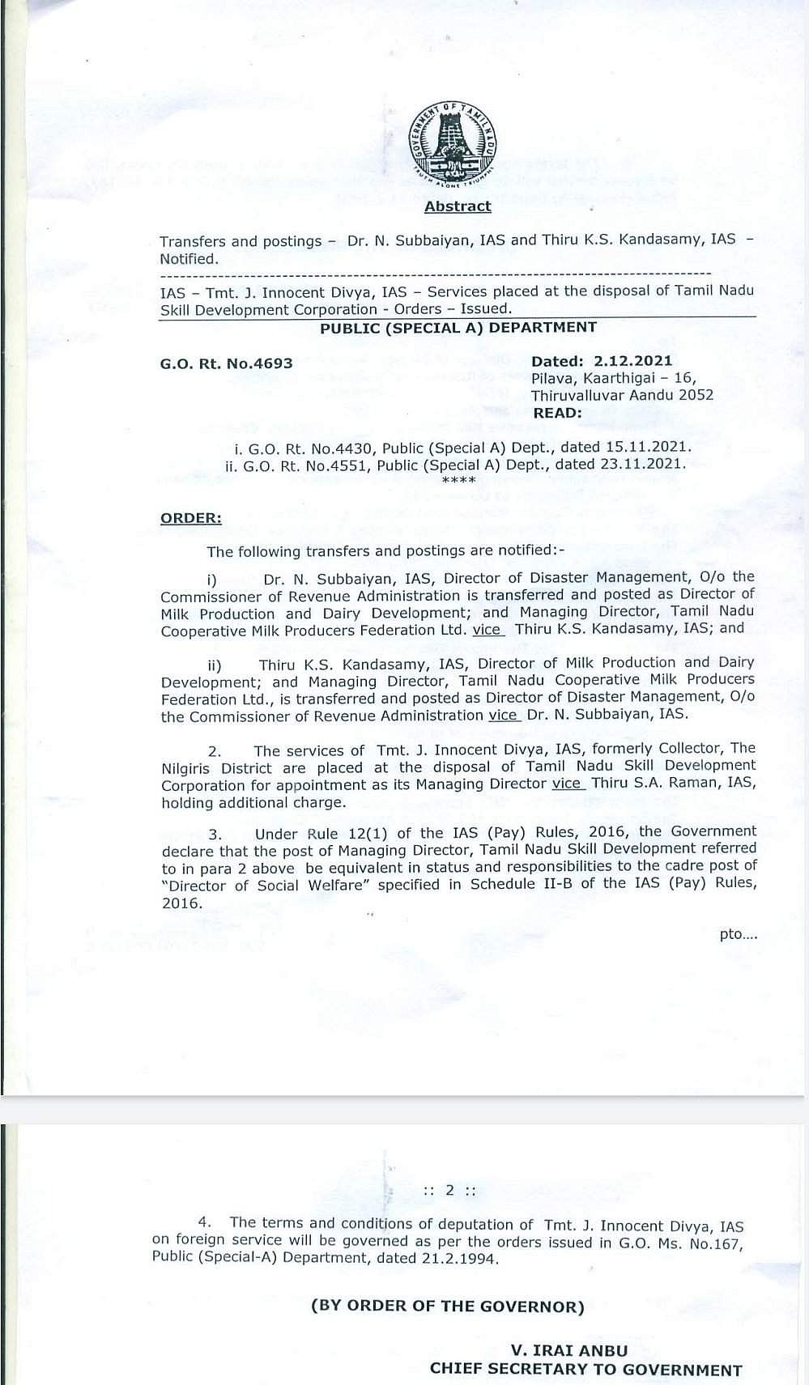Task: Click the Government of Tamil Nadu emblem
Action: [x=452, y=145]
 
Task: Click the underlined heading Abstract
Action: [x=458, y=206]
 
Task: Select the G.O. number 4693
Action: [x=273, y=363]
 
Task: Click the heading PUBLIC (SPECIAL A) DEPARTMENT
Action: [x=458, y=327]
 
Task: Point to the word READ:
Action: [x=557, y=413]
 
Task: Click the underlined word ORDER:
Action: [x=191, y=518]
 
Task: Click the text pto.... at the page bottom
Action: [x=738, y=934]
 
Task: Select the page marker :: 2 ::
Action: [x=449, y=1191]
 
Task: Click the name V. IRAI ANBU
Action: [x=568, y=1350]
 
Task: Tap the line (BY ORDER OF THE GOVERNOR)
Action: [x=448, y=1306]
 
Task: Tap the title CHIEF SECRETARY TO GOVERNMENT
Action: [x=585, y=1370]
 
